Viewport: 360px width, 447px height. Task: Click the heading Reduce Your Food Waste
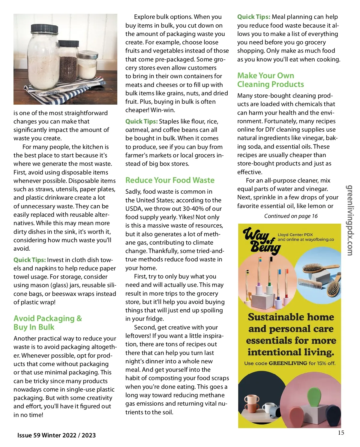(170, 180)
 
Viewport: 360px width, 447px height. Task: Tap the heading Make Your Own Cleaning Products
(270, 80)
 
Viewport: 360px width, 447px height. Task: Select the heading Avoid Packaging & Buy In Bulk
(47, 323)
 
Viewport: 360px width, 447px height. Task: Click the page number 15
(341, 433)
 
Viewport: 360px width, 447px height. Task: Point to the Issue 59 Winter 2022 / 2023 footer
(56, 435)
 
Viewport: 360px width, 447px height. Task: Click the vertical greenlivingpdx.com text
(349, 220)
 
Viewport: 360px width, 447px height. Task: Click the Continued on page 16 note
(291, 216)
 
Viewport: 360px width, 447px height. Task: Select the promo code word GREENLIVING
(288, 363)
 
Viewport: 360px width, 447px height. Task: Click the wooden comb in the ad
(310, 283)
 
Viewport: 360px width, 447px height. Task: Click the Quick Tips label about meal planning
(253, 17)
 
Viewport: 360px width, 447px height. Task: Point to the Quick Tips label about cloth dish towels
(30, 260)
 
